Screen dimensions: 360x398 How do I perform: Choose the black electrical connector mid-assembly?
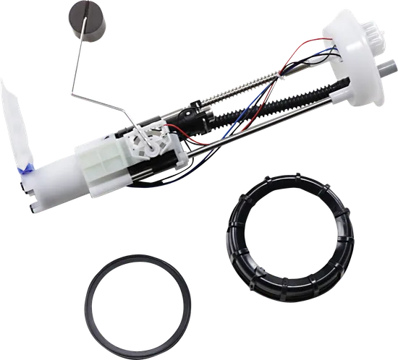point(197,116)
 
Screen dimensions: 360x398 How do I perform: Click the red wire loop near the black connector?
point(174,134)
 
